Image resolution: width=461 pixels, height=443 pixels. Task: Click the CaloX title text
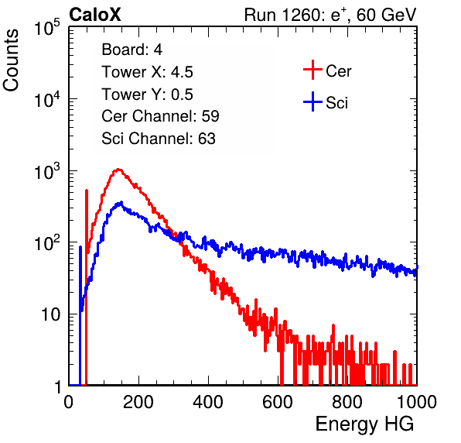pyautogui.click(x=95, y=15)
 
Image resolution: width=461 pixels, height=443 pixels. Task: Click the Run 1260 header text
pyautogui.click(x=330, y=15)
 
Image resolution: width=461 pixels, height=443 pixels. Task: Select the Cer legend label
pyautogui.click(x=338, y=71)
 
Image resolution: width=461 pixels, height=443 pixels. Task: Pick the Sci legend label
pyautogui.click(x=336, y=103)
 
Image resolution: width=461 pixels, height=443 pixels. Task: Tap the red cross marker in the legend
pyautogui.click(x=312, y=70)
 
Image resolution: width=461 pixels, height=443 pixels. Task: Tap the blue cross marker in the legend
pyautogui.click(x=312, y=101)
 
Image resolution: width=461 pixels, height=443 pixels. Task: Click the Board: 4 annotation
pyautogui.click(x=131, y=50)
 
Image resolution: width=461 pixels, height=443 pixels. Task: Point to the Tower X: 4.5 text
pyautogui.click(x=147, y=72)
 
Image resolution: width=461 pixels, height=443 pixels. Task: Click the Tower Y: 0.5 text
pyautogui.click(x=147, y=94)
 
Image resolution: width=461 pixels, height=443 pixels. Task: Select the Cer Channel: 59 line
pyautogui.click(x=160, y=116)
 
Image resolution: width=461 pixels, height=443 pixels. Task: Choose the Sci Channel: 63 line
pyautogui.click(x=159, y=139)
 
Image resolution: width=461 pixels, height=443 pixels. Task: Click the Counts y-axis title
pyautogui.click(x=11, y=60)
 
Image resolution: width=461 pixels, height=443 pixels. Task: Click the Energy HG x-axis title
pyautogui.click(x=364, y=424)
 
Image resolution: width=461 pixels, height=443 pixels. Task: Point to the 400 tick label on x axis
pyautogui.click(x=208, y=402)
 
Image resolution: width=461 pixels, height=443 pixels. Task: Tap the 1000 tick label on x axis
pyautogui.click(x=417, y=402)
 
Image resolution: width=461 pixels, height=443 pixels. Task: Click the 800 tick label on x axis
pyautogui.click(x=347, y=402)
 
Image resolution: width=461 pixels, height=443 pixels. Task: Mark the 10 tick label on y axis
pyautogui.click(x=51, y=314)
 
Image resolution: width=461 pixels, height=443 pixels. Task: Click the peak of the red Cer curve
pyautogui.click(x=118, y=170)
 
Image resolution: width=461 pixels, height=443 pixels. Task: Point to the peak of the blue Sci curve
pyautogui.click(x=121, y=202)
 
